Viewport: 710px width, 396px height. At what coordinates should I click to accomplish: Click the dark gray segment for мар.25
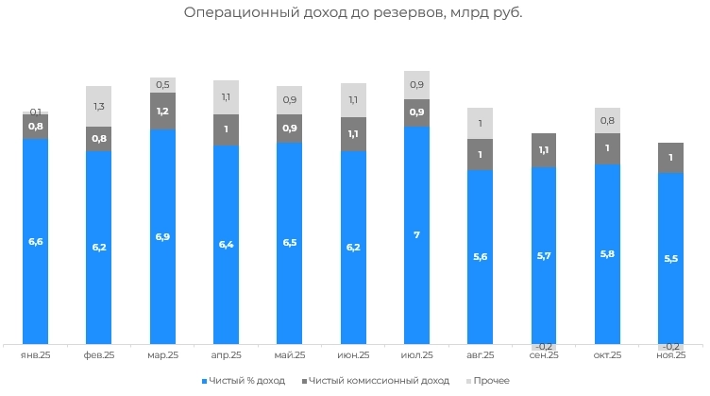tap(162, 112)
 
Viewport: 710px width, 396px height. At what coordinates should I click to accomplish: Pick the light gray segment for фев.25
tap(99, 107)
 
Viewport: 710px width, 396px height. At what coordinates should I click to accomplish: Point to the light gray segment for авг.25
tap(480, 123)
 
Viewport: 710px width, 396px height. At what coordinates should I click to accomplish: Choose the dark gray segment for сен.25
tap(544, 150)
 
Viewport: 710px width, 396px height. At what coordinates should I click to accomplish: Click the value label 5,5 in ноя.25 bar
tap(670, 257)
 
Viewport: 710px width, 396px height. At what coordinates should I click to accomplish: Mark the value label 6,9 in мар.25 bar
tap(162, 234)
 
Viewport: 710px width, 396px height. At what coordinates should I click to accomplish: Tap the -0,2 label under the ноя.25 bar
tap(670, 347)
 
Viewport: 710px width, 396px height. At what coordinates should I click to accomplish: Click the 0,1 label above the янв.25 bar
tap(36, 112)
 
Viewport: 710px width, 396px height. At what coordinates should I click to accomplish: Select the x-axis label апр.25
tap(227, 355)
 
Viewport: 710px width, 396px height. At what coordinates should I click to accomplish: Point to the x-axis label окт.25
tap(607, 355)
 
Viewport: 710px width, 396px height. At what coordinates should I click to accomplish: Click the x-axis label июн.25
tap(353, 355)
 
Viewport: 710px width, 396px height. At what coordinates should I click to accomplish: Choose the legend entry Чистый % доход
tap(245, 381)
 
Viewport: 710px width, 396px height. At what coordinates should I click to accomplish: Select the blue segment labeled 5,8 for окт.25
tap(607, 254)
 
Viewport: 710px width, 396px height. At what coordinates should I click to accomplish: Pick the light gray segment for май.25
tap(290, 99)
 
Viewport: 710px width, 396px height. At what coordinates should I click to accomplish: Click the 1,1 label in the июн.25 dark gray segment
tap(353, 134)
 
